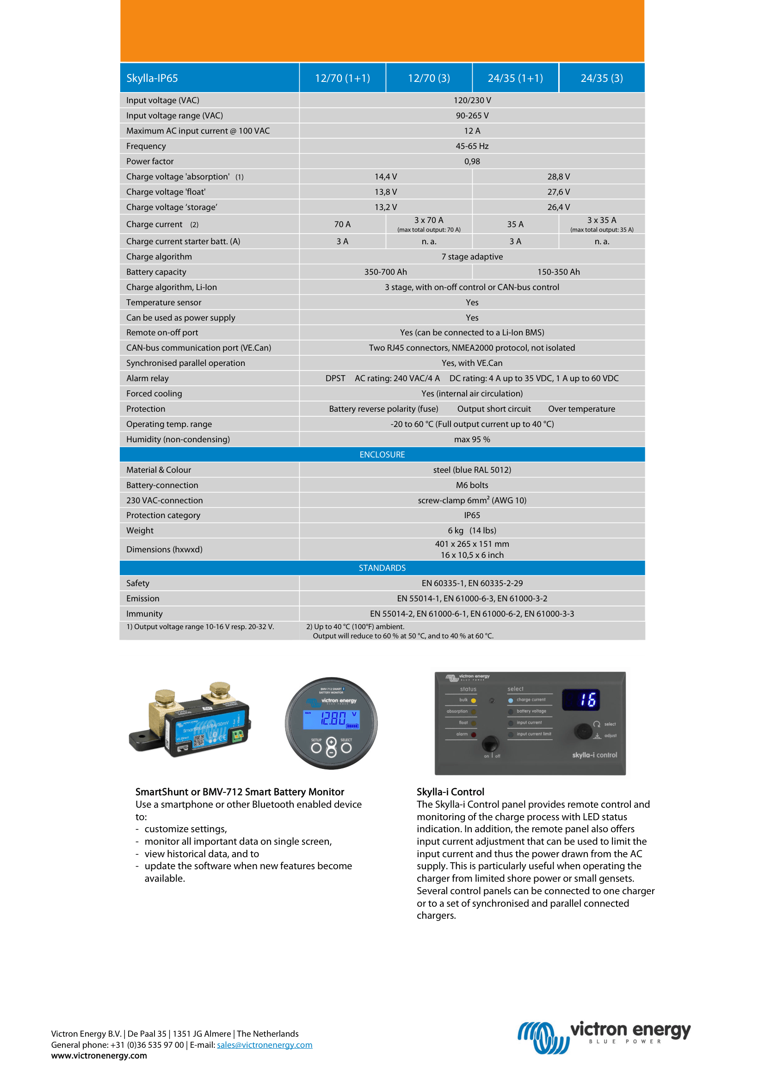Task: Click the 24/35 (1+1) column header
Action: (x=515, y=78)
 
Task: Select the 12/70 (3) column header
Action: (x=429, y=78)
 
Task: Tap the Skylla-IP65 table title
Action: (x=152, y=78)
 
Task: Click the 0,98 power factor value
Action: (x=472, y=161)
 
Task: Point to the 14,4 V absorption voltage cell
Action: (x=385, y=177)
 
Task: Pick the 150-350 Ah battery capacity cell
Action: (x=558, y=272)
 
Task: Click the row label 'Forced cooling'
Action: (x=154, y=394)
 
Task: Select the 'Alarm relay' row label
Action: (x=148, y=378)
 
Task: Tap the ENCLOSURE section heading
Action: (x=382, y=455)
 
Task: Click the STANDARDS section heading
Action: (x=382, y=568)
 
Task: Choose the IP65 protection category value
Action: (x=472, y=515)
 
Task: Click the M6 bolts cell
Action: (x=472, y=485)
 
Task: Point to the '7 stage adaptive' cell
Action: (x=472, y=257)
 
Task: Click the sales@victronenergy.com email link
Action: (x=264, y=1045)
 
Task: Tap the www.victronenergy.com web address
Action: (x=99, y=1056)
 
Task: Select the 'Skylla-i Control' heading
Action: (x=450, y=791)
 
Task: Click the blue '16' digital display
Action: (x=581, y=700)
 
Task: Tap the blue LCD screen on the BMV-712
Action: (x=331, y=719)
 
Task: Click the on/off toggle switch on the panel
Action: (x=490, y=744)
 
